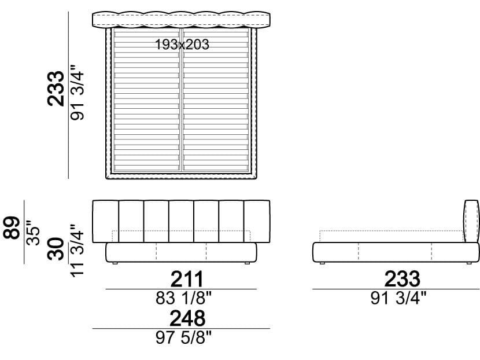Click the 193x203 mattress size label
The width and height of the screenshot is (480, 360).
click(182, 45)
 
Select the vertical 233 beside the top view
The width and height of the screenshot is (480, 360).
click(56, 89)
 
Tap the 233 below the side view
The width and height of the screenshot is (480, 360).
click(403, 279)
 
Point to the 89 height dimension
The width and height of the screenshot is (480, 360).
click(12, 227)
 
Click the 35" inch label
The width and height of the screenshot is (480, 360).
click(33, 233)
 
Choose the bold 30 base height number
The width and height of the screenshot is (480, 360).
click(56, 249)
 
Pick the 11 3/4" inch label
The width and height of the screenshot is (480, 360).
click(77, 251)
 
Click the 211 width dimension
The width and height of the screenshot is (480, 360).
click(187, 279)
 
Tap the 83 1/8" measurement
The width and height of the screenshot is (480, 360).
click(183, 298)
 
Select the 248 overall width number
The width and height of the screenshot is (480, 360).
click(187, 318)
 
